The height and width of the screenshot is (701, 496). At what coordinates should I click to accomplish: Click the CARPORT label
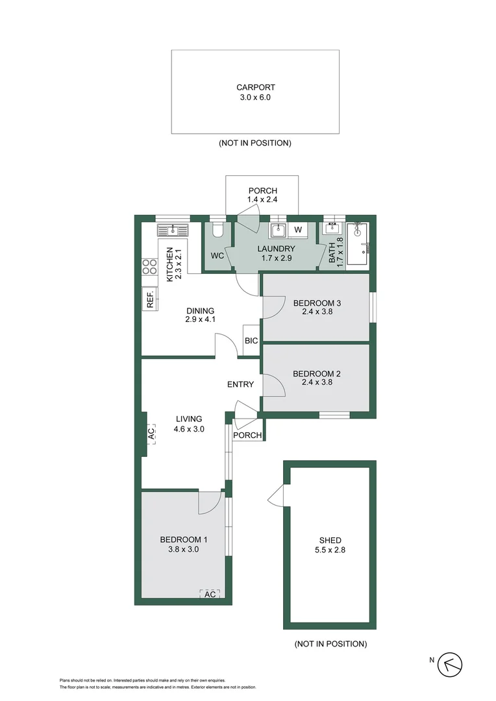(255, 87)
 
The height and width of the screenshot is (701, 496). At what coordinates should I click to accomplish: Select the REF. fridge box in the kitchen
(149, 299)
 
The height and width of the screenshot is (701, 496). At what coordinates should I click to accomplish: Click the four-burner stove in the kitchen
(149, 267)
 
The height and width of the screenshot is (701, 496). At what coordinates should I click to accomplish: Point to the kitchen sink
(172, 229)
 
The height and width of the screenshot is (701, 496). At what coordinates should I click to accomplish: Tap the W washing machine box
(299, 230)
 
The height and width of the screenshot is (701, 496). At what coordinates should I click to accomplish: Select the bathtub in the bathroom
(358, 244)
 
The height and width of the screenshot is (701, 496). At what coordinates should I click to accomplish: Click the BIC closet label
(251, 341)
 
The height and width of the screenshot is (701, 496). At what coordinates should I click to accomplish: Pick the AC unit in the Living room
(151, 434)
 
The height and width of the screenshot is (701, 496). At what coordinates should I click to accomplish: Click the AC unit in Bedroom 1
(210, 594)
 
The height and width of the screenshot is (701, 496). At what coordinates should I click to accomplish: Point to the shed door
(275, 496)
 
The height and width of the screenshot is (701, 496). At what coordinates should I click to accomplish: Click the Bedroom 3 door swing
(272, 307)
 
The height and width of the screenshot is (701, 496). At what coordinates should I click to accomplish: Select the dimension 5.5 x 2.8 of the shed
(330, 551)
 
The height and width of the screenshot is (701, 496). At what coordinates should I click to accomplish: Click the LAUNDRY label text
(276, 249)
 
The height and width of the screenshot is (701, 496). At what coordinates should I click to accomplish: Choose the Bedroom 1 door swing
(209, 502)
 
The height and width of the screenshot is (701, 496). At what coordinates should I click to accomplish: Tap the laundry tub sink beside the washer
(279, 230)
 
